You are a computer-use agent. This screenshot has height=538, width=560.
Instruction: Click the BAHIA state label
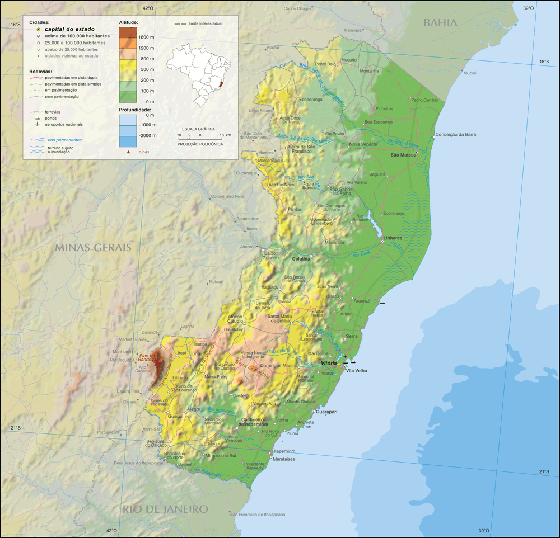pos(440,23)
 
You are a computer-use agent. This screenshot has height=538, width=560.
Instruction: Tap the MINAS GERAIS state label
pos(93,247)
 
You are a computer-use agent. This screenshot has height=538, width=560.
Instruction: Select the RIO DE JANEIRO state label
pos(166,509)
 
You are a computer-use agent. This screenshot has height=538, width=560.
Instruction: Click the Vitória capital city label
pos(328,364)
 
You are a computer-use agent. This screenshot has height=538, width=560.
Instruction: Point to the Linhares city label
pos(393,238)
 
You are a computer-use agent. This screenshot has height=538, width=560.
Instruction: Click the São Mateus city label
pos(403,155)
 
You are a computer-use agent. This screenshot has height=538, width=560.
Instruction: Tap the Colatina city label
pos(301,259)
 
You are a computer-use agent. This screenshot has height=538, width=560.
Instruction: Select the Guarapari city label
pos(326,412)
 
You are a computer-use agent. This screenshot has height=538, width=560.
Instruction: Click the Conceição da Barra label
pos(455,134)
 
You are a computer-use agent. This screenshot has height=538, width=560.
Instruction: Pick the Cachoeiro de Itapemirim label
pos(254,422)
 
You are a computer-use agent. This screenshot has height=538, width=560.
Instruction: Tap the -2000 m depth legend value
pos(147,136)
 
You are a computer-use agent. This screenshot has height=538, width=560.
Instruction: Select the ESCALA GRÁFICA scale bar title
pos(199,129)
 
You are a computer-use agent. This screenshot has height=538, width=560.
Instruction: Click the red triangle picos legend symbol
pos(129,152)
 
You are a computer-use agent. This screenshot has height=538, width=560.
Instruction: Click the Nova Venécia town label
pos(363,144)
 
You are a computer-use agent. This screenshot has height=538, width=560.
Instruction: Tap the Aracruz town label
pos(361,301)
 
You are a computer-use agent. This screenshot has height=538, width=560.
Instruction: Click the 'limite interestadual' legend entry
pos(205,24)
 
